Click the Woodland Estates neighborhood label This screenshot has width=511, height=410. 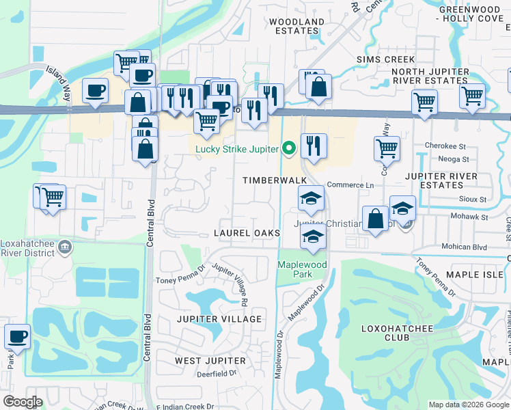pos(296,27)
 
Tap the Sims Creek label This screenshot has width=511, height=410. pos(385,59)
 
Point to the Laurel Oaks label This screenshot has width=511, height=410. pos(247,233)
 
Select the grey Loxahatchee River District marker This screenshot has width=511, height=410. pos(65,245)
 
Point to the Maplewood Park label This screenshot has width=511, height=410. pos(303,269)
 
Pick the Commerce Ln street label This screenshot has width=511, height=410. pos(350,185)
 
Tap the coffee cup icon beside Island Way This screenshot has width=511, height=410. pos(95,90)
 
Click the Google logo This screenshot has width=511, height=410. pos(22,402)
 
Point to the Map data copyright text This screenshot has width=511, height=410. pos(469,405)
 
